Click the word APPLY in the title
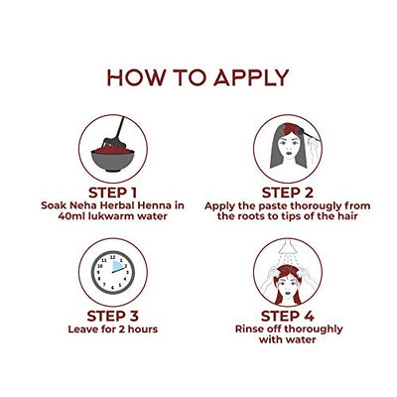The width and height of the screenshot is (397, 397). click(251, 77)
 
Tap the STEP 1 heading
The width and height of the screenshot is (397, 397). click(113, 193)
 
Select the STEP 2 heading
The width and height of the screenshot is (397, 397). click(288, 193)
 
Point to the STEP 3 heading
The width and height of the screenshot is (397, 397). click(113, 316)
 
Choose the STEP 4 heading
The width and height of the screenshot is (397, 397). click(288, 316)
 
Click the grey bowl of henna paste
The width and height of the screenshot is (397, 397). click(113, 160)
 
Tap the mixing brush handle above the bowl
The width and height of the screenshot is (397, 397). click(120, 128)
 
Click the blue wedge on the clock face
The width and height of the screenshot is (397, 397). click(117, 267)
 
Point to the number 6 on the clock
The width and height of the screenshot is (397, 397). click(112, 288)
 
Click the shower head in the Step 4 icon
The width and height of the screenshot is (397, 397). click(287, 246)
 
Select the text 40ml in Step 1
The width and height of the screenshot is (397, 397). click(69, 216)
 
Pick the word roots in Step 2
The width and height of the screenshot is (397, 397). click(246, 216)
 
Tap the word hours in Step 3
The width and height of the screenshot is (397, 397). click(143, 330)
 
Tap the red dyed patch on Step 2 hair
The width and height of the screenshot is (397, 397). click(292, 128)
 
